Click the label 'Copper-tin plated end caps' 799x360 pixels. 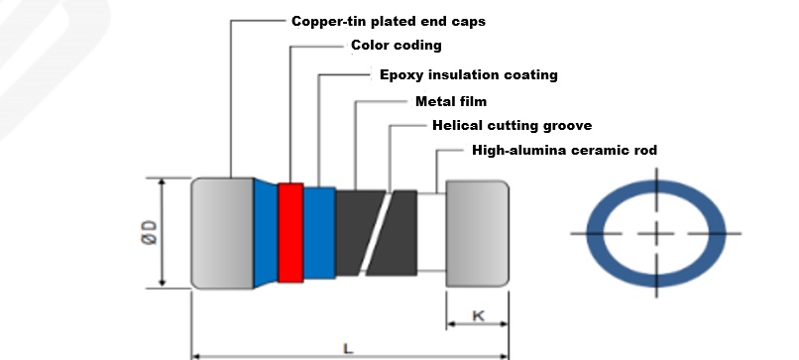click(389, 22)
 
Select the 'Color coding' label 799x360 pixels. click(397, 46)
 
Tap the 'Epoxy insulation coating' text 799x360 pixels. click(469, 75)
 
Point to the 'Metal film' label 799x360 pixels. click(451, 101)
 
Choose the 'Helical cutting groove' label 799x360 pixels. click(513, 125)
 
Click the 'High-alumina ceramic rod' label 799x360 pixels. click(565, 150)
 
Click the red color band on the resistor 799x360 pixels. click(291, 232)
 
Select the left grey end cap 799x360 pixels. click(223, 233)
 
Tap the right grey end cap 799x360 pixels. click(478, 233)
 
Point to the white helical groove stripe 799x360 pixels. click(376, 232)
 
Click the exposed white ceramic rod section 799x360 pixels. click(431, 232)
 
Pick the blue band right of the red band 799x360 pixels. click(319, 233)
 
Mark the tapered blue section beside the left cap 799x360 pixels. click(266, 233)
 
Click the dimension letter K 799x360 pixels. click(479, 316)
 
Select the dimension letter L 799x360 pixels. click(348, 349)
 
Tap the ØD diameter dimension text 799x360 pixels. click(151, 232)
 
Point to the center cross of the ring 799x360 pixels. click(656, 234)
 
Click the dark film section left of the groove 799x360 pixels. click(357, 232)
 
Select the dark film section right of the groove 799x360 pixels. click(397, 233)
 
